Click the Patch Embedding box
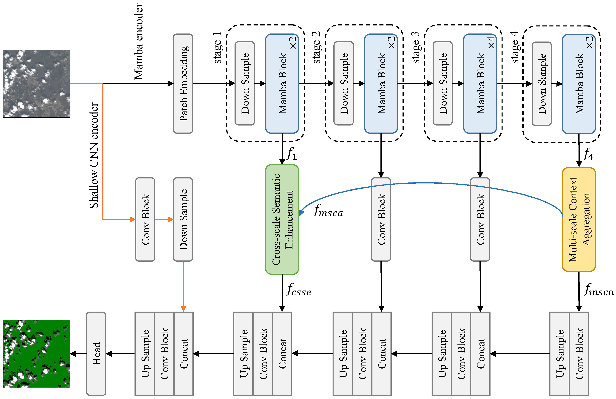click(183, 83)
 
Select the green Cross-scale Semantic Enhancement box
click(282, 219)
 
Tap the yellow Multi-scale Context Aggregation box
click(579, 219)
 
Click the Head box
click(96, 353)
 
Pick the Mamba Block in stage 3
click(480, 83)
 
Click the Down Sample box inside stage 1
click(245, 83)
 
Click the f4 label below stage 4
click(588, 154)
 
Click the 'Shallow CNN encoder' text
click(94, 155)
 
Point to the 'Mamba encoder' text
click(139, 42)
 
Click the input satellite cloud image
click(36, 83)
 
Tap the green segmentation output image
click(36, 353)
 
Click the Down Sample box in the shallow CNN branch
click(183, 219)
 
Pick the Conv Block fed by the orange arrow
click(145, 219)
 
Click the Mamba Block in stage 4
click(579, 83)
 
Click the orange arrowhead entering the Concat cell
click(183, 308)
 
